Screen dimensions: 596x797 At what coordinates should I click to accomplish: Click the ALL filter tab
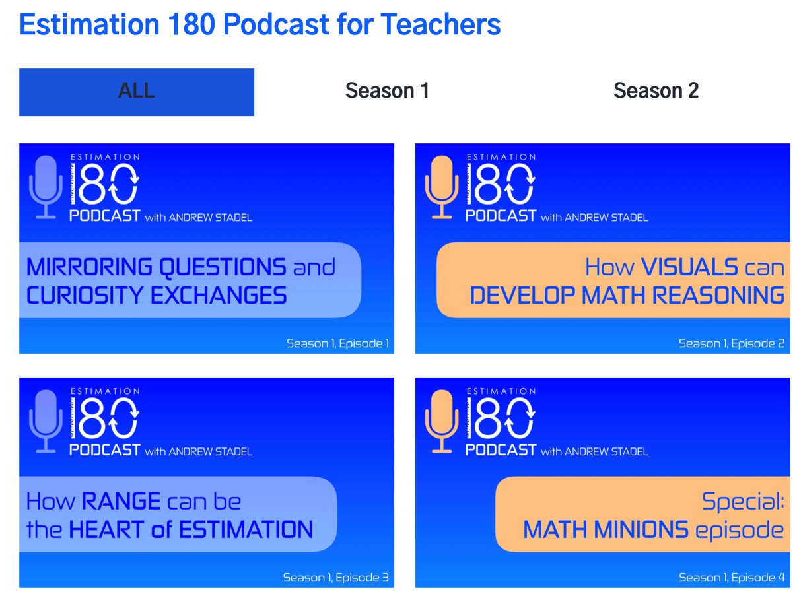coord(137,92)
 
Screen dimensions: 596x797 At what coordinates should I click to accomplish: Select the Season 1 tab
coord(387,90)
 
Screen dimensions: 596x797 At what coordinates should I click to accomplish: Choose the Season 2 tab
coord(656,90)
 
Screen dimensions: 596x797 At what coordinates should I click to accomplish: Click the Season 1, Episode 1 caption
coord(337,343)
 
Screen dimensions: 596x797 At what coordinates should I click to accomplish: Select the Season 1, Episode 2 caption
coord(732,343)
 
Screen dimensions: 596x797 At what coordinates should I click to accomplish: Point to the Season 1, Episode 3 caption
coord(335,578)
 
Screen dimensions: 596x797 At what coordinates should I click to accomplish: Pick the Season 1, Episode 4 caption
coord(732,578)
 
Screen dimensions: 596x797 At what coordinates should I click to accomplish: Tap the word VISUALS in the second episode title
coord(689,267)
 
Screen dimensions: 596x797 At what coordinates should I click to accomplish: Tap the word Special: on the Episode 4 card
coord(743,502)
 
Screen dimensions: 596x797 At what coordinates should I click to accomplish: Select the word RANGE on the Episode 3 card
coord(121,502)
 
